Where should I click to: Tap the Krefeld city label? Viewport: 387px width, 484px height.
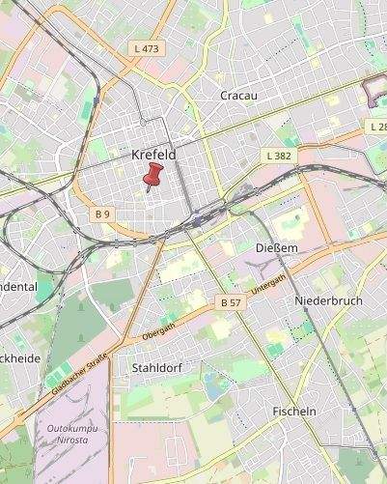click(x=153, y=155)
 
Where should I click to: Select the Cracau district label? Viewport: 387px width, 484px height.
click(x=237, y=96)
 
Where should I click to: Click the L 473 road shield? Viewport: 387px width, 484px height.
click(x=147, y=47)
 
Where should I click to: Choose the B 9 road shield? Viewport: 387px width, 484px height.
click(x=103, y=213)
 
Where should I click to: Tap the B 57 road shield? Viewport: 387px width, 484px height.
click(x=231, y=302)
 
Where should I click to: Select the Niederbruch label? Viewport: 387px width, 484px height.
click(x=328, y=300)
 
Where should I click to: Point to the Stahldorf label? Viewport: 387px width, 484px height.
click(x=155, y=368)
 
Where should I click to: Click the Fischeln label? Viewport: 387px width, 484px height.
click(x=294, y=411)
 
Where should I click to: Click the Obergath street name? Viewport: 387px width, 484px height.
click(x=158, y=330)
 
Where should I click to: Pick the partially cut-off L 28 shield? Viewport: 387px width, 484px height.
click(x=376, y=127)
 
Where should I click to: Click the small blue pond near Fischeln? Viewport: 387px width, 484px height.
click(x=214, y=387)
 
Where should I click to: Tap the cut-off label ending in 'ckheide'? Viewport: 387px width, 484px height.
click(x=19, y=358)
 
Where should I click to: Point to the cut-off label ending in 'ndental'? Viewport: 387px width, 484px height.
click(x=18, y=287)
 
